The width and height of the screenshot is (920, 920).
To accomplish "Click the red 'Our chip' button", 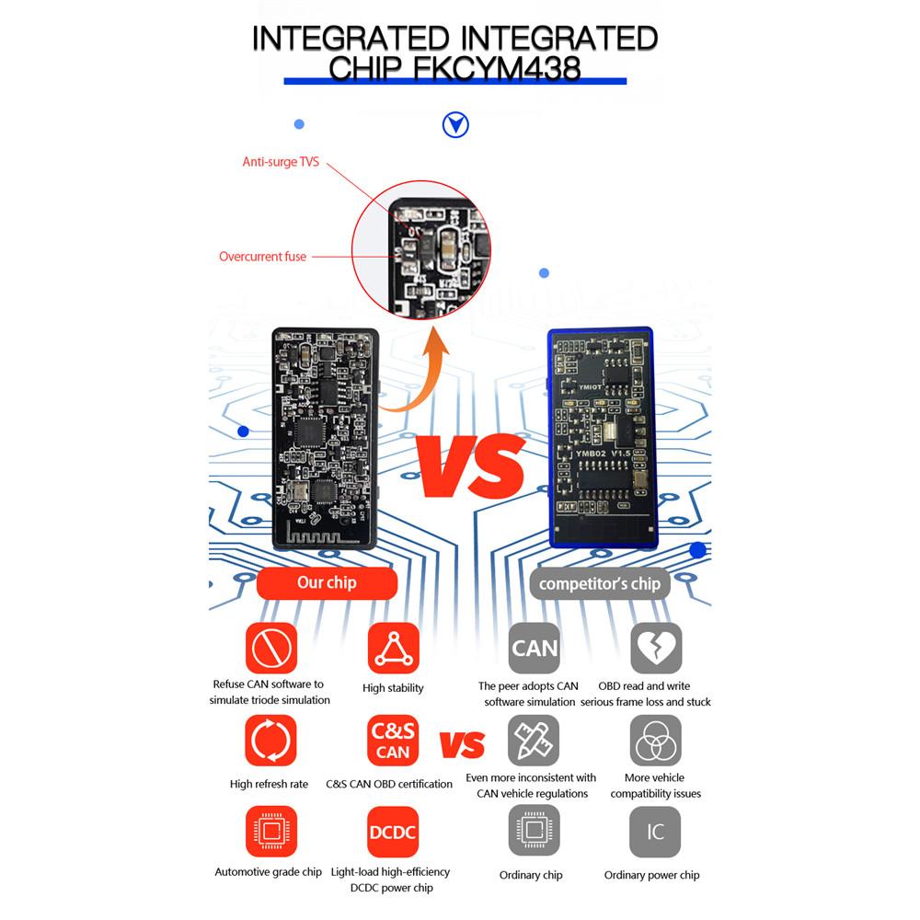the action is pos(327,582).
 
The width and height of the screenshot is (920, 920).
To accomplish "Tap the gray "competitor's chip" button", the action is pos(600,584).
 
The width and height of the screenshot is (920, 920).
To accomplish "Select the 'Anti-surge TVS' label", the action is pos(281,162).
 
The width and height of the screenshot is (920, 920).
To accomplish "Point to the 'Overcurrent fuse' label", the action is pos(262,257).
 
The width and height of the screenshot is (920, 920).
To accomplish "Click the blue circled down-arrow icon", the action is pos(455,125).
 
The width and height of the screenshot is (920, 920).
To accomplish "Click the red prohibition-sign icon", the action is pos(271,649).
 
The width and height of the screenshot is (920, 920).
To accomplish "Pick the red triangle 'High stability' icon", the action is pos(394,649).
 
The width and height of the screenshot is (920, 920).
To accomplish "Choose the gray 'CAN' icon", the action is pos(534,649).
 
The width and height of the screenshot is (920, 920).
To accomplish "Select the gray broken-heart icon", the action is pos(656,649).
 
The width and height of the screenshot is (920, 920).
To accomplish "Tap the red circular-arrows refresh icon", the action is pos(270,741).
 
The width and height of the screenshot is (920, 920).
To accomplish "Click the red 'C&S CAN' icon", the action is pos(393,741).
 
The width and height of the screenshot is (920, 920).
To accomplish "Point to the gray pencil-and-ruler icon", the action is pos(534,741).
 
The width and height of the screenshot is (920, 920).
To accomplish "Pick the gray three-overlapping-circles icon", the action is pos(655,741).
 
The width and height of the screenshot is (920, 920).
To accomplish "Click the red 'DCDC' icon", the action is pos(393,832).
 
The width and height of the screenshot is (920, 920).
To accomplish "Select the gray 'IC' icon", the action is pos(655,832).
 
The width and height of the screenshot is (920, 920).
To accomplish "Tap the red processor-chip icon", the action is pos(271,832).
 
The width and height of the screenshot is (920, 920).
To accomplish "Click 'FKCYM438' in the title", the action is pos(497,68).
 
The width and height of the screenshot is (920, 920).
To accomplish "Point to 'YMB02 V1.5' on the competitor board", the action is pos(603,454).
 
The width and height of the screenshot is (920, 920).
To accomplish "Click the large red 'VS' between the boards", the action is pos(470,466).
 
